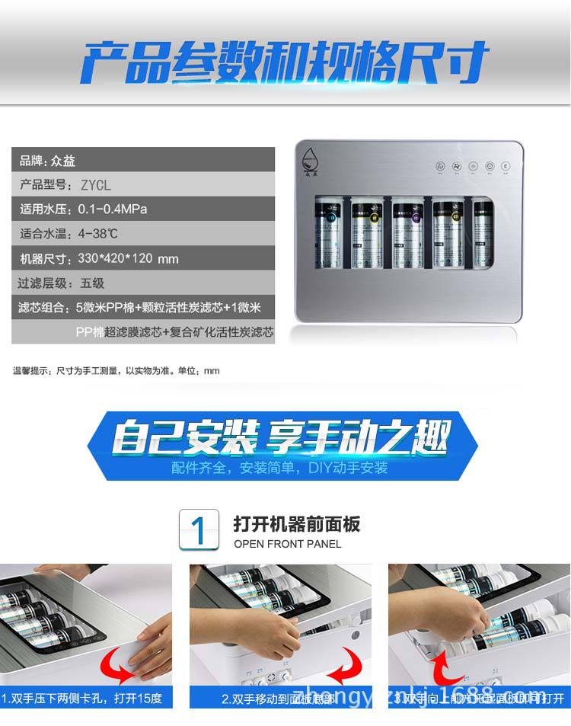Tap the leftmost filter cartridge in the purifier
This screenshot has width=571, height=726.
[328, 232]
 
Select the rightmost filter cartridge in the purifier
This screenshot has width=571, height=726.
[482, 232]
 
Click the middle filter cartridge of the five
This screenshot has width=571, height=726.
[407, 232]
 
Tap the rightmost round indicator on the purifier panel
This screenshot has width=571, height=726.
[506, 165]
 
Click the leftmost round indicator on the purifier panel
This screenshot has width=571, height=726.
[439, 165]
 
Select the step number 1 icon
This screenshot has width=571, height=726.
[199, 529]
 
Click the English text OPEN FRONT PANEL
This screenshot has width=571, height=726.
[288, 544]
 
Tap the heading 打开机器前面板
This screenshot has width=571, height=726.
[297, 524]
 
